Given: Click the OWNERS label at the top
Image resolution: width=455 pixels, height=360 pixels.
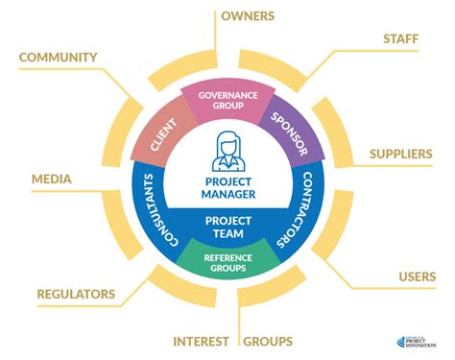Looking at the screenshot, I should point(248,16).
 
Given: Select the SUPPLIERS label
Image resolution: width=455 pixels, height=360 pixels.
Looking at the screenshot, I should point(402,154).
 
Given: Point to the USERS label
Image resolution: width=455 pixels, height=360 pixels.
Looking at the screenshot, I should point(418,276).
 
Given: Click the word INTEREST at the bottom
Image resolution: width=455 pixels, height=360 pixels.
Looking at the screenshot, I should point(201,341).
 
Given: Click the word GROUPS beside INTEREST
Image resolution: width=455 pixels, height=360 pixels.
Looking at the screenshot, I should point(268,341).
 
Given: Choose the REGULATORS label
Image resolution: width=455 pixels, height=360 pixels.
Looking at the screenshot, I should point(76,293).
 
